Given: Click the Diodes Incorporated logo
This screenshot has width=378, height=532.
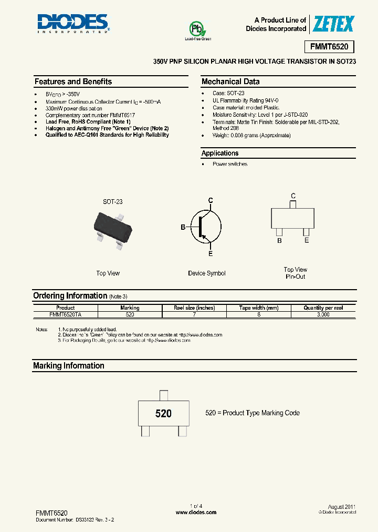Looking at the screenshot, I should [72, 23].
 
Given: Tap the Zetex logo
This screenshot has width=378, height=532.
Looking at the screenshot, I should [333, 24].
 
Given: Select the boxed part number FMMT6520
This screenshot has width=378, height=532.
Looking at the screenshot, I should [329, 47].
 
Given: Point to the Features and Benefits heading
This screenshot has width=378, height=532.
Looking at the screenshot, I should [73, 81].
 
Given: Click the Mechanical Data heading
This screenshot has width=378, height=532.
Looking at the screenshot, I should [230, 81].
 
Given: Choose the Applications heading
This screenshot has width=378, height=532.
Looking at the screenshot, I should [220, 153].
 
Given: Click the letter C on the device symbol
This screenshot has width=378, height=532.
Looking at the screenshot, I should [211, 200].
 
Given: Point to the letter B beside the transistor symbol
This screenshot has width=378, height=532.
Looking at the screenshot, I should [183, 227].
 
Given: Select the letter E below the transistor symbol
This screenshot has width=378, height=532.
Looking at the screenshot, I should [211, 254].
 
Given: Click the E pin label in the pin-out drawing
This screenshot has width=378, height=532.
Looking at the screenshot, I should [307, 240].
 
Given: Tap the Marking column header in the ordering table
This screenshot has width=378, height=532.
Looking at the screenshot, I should [130, 308].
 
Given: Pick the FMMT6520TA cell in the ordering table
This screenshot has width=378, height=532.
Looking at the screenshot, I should [66, 314].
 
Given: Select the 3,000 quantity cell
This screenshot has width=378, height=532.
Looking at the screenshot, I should [323, 314].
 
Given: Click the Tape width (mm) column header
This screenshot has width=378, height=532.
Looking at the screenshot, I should [259, 308].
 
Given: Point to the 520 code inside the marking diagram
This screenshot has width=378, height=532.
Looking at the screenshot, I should [163, 414].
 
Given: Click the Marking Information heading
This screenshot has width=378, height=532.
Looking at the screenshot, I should [69, 365].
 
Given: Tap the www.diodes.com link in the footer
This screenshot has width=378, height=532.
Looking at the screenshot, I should [189, 513].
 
